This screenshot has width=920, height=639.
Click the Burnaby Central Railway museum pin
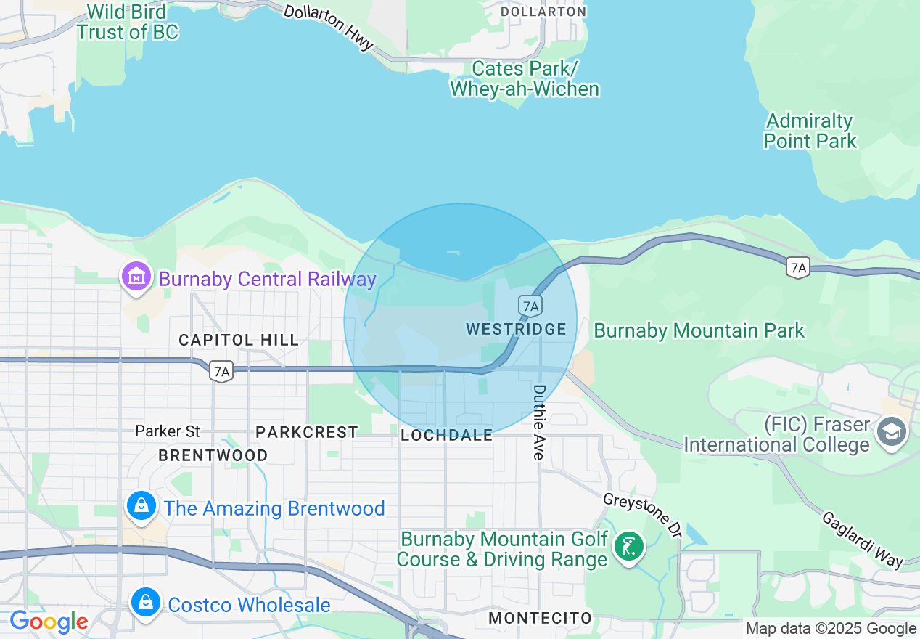coord(136,277)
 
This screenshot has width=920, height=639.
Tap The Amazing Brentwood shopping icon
coord(141,506)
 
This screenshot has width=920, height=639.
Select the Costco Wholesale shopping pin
coord(146,603)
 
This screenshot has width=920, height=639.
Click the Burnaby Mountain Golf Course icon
coord(628,547)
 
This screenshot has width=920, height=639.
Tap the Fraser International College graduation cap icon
coord(892,432)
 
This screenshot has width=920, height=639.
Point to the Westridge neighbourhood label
coord(516,329)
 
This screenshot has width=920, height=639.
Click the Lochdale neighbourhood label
coord(446,435)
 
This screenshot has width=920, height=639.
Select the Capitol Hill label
coord(239,340)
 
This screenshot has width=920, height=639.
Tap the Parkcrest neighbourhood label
coord(307,432)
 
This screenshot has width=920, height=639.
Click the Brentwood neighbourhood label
coord(213,455)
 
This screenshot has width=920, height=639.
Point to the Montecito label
coord(541,618)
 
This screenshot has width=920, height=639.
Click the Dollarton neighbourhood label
coord(543,12)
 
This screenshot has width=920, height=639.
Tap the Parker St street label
coord(168,431)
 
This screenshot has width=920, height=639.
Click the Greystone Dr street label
coord(643,515)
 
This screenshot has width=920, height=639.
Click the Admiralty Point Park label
coord(810,131)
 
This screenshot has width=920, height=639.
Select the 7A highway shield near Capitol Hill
coord(222,372)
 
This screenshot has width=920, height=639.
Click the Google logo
coord(49,622)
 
